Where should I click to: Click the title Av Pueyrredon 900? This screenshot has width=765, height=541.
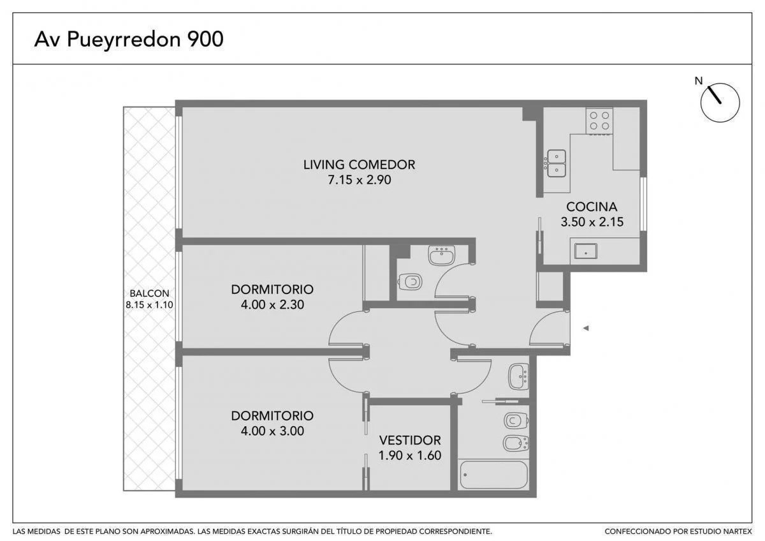tap(129, 40)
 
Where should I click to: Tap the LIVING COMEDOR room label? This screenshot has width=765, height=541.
tap(360, 165)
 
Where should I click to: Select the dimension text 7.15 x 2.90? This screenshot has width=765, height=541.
tap(360, 180)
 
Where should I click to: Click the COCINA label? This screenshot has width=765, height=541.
tap(592, 207)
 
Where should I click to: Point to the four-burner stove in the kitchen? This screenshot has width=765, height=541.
tap(599, 121)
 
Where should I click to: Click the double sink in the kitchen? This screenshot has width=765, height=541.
tap(556, 163)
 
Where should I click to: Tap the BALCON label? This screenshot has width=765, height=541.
tap(149, 293)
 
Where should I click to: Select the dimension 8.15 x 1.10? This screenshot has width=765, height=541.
tap(149, 305)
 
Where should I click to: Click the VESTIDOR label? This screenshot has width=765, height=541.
tap(410, 440)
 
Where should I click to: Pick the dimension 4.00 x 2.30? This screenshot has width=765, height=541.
tap(272, 304)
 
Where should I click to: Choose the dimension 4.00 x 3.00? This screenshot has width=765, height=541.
tap(272, 431)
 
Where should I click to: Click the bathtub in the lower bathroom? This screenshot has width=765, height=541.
tap(493, 475)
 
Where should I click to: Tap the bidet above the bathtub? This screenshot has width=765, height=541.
tap(516, 443)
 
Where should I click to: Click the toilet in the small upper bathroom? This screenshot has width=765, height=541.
tap(410, 282)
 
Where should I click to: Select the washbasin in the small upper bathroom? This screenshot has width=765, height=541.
tap(442, 256)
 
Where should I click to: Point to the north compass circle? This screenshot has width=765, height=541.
tap(720, 103)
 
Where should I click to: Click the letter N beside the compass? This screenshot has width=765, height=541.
tap(699, 81)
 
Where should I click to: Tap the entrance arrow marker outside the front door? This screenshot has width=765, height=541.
tap(586, 329)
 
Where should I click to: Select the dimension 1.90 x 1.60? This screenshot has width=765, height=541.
tap(410, 456)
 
